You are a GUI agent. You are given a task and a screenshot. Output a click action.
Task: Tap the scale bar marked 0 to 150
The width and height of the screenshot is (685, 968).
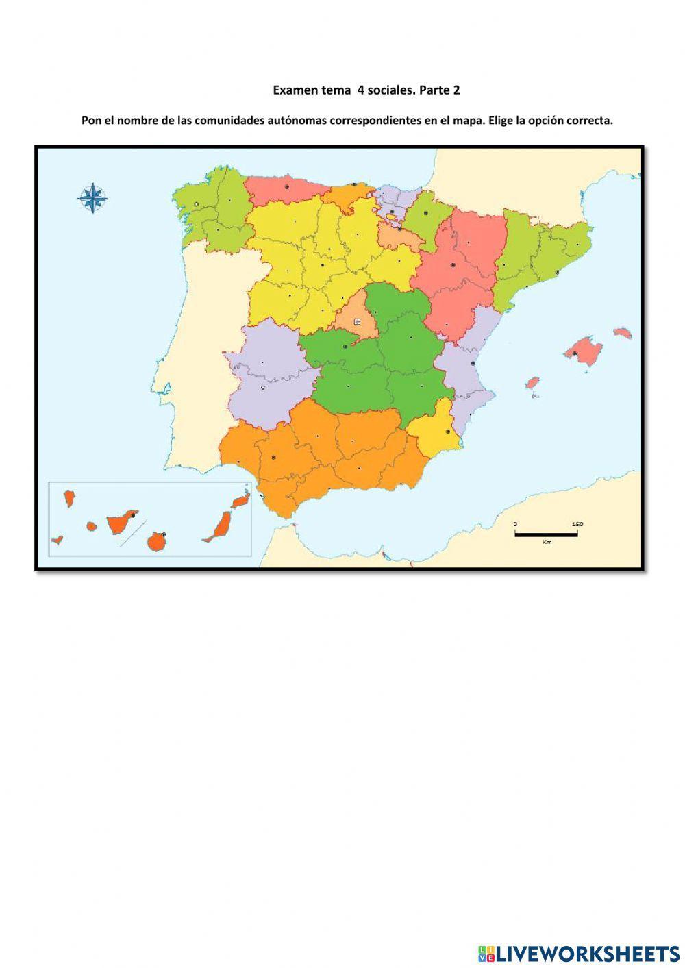click(546, 534)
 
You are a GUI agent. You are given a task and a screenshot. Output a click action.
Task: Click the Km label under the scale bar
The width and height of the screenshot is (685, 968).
click(546, 542)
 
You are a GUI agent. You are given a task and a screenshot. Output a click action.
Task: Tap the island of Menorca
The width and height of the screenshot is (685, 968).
click(622, 333)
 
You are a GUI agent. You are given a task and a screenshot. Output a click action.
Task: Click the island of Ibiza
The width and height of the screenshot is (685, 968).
click(532, 382)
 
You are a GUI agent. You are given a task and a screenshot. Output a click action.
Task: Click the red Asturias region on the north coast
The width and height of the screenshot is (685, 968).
click(282, 189)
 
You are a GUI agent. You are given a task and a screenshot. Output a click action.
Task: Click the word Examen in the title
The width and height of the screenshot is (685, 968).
click(291, 90)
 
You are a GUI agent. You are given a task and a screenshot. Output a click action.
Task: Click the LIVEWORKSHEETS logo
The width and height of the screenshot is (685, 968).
click(578, 953)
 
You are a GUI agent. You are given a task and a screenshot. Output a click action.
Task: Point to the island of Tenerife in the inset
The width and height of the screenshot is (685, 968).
click(120, 524)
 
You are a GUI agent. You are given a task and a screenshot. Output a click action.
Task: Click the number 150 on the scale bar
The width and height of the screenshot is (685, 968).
click(577, 525)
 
